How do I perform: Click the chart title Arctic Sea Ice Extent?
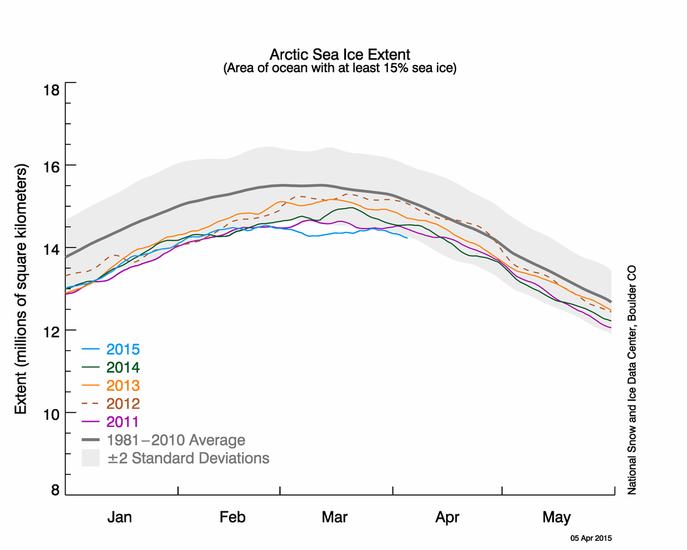[340, 54]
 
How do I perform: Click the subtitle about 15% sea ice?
[340, 67]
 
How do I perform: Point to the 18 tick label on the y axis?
[51, 89]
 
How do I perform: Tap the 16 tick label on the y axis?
[51, 167]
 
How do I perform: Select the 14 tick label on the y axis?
[51, 249]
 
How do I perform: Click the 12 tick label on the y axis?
[51, 331]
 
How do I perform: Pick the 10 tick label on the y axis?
[51, 414]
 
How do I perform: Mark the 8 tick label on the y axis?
[56, 491]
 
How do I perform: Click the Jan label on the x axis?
[120, 517]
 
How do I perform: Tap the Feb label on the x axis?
[232, 517]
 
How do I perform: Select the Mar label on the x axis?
[335, 517]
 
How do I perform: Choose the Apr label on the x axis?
[448, 517]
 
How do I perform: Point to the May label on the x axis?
[557, 517]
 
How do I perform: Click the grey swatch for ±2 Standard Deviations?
[90, 457]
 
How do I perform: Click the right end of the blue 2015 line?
[407, 238]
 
